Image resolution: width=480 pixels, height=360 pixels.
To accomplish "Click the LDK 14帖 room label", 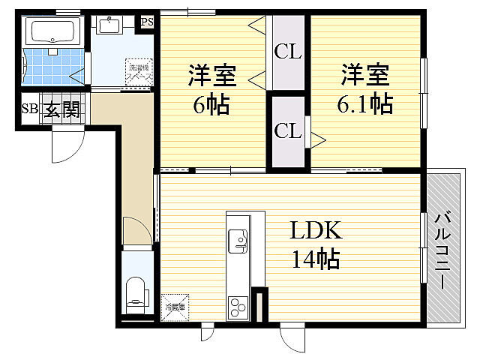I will (x=316, y=244).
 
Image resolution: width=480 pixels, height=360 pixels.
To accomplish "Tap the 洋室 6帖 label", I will (x=211, y=89).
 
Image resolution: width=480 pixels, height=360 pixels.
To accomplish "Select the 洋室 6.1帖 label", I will (x=366, y=89).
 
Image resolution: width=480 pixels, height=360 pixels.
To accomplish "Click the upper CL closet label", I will (x=288, y=52).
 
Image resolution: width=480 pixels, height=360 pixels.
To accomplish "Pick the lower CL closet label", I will (x=288, y=130).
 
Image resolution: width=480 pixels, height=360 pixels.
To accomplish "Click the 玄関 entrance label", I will (x=61, y=110).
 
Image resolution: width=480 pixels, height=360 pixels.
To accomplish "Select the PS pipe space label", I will (x=147, y=21).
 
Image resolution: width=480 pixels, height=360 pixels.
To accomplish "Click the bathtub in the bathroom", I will (x=52, y=31).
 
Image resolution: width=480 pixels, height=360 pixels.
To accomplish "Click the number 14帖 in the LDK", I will (x=316, y=259).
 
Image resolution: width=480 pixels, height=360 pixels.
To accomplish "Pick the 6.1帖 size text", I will (x=366, y=103).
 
